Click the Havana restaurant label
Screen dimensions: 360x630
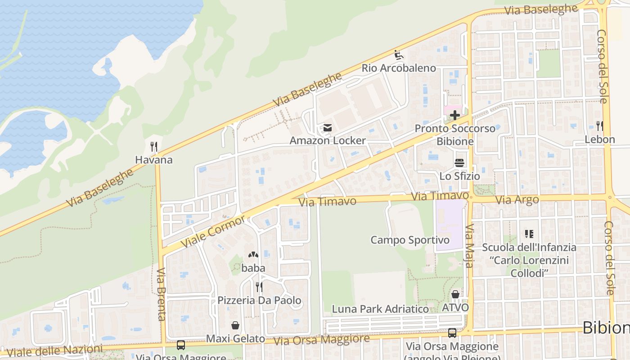(154, 160)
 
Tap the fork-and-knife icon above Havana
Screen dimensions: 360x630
(154, 146)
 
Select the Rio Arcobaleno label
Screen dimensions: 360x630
(399, 68)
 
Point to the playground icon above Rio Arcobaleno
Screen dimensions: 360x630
(399, 55)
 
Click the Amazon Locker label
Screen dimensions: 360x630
(327, 140)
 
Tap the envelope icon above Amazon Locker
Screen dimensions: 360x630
(327, 128)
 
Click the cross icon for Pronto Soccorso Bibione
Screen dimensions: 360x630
(455, 115)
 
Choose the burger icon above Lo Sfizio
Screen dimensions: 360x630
(459, 163)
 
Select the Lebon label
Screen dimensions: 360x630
(599, 139)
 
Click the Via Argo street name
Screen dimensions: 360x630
(517, 199)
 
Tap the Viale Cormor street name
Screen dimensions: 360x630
(213, 231)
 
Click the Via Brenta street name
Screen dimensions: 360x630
(161, 294)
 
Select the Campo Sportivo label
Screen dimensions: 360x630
(409, 240)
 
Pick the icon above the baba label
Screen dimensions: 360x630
(253, 255)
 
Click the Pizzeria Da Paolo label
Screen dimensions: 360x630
(259, 300)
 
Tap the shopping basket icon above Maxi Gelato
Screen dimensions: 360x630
(235, 325)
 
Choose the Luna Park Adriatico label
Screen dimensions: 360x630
(380, 309)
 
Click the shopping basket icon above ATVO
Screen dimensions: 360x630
(455, 295)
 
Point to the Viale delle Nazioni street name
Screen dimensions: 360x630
(54, 351)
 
